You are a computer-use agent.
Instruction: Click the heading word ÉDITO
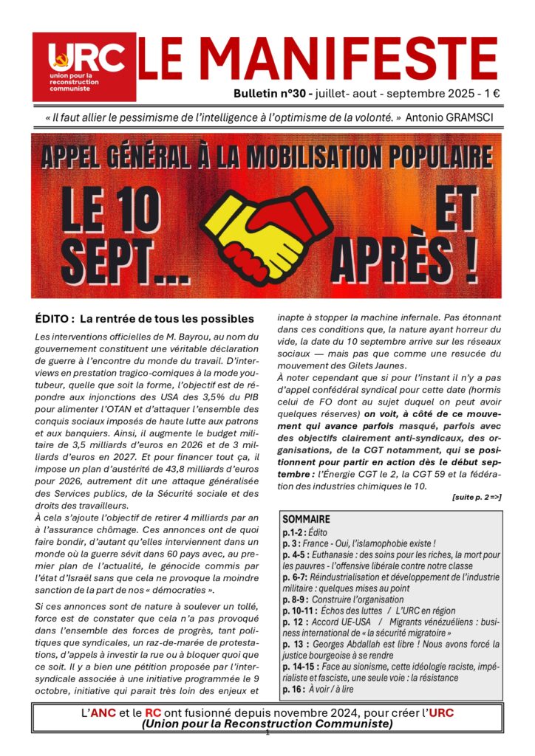(57, 319)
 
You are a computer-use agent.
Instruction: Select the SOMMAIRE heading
(306, 519)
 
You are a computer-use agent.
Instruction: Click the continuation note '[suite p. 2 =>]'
(477, 497)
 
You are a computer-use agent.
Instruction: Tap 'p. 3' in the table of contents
(291, 543)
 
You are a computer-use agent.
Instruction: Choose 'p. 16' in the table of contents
(293, 688)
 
